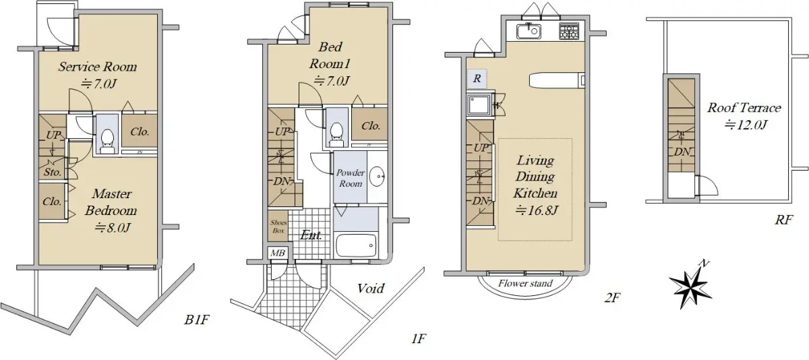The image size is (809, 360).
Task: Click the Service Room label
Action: pyautogui.click(x=98, y=67)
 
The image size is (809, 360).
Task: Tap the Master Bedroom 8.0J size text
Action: pyautogui.click(x=113, y=228)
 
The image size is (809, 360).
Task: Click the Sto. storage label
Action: pyautogui.click(x=53, y=172)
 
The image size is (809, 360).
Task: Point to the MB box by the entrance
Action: pyautogui.click(x=278, y=253)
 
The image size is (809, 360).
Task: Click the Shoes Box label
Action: pyautogui.click(x=278, y=227)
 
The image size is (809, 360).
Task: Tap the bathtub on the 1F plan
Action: pyautogui.click(x=357, y=245)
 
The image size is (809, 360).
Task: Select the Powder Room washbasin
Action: pyautogui.click(x=378, y=177)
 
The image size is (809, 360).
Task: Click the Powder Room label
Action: pyautogui.click(x=351, y=178)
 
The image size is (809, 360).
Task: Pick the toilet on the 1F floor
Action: pyautogui.click(x=337, y=134)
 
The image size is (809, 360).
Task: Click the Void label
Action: pyautogui.click(x=371, y=288)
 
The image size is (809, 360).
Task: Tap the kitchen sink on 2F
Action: pyautogui.click(x=529, y=31)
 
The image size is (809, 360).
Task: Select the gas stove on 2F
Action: pyautogui.click(x=569, y=31)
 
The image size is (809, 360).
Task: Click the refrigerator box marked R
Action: pyautogui.click(x=477, y=79)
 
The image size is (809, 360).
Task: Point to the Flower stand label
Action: pyautogui.click(x=525, y=283)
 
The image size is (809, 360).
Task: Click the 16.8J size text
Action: pyautogui.click(x=537, y=210)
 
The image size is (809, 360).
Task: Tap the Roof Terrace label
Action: pyautogui.click(x=744, y=108)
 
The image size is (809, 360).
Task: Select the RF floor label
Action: pyautogui.click(x=783, y=220)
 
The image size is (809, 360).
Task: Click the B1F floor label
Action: pyautogui.click(x=197, y=320)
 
